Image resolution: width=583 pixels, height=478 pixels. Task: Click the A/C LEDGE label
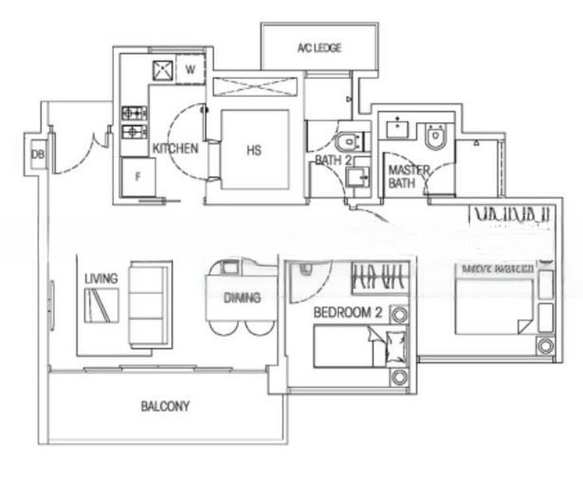319,49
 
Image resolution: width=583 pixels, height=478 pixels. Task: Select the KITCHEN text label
175,148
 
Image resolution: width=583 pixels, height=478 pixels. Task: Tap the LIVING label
101,278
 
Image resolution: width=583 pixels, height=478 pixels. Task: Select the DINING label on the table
242,298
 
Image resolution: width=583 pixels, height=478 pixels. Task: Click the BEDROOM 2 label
347,313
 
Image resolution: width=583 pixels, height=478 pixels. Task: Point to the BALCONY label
165,406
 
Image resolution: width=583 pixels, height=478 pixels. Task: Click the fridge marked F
138,177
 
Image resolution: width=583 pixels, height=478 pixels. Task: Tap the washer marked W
190,69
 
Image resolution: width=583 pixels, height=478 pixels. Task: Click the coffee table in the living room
101,304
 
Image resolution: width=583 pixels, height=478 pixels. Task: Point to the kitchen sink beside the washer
162,69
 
